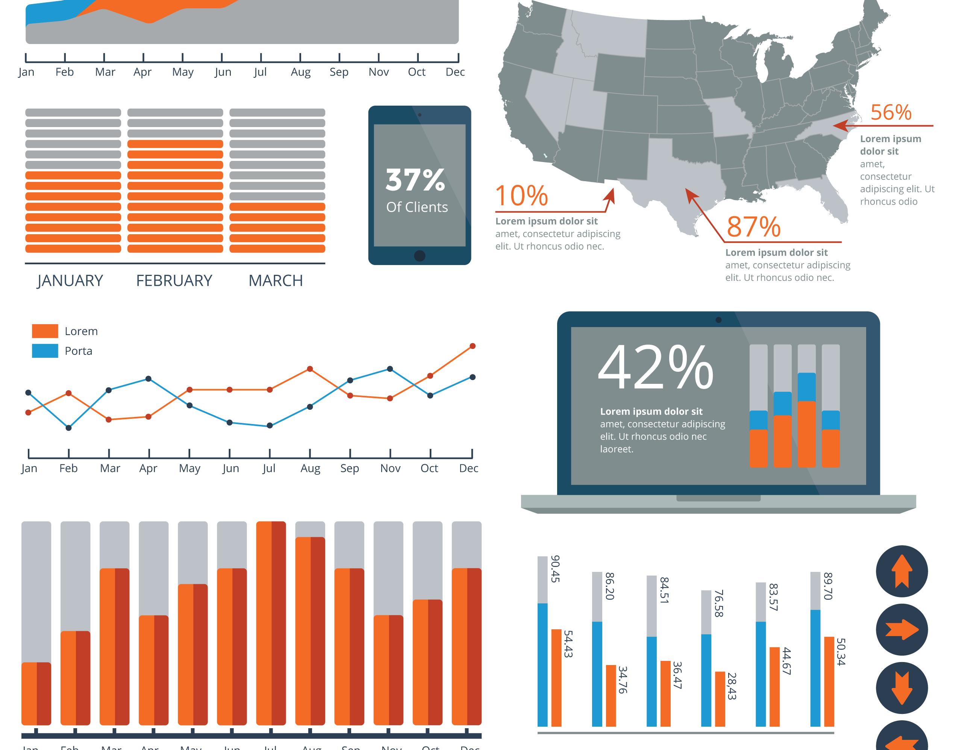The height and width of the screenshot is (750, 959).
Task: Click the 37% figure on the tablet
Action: [415, 180]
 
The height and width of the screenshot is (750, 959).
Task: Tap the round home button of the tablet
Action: [420, 256]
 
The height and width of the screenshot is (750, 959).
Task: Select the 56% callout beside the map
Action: [891, 112]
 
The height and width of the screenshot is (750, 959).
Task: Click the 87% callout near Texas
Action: [753, 227]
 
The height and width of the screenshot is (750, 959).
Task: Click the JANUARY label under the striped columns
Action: [70, 280]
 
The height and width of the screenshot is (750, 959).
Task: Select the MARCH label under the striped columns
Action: [276, 280]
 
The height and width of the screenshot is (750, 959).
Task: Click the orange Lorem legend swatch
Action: [45, 331]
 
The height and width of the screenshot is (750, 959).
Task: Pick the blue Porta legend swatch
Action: [45, 351]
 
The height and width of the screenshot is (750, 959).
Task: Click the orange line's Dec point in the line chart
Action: [473, 346]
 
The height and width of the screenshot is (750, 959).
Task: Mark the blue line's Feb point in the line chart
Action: [68, 428]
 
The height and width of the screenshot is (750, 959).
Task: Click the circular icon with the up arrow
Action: [902, 571]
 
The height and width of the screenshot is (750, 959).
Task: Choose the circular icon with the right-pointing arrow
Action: [902, 630]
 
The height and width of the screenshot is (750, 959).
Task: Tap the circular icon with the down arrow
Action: [902, 688]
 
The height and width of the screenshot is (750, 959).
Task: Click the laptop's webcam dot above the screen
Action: [718, 320]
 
